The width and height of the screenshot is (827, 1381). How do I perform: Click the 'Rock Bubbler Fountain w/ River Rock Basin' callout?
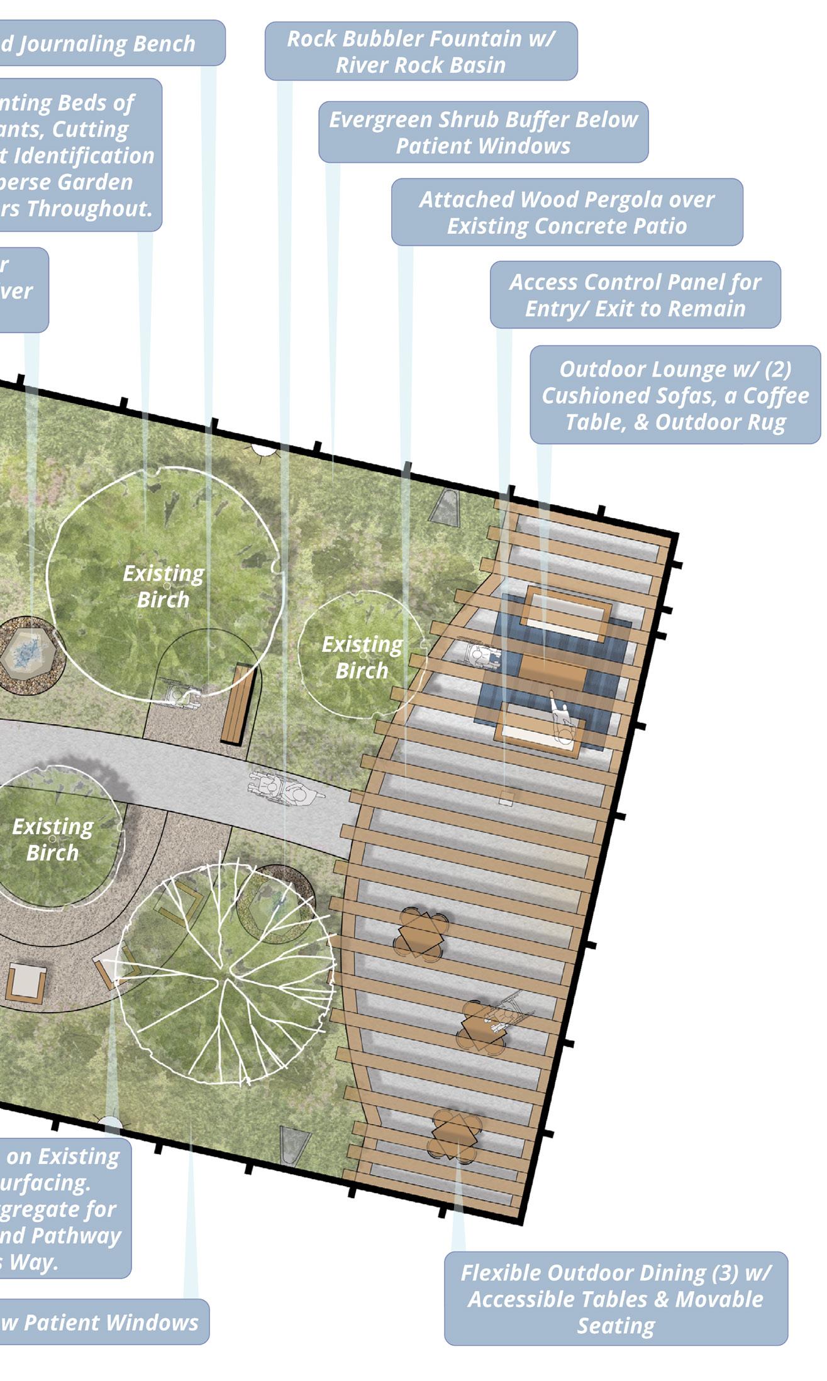point(421,52)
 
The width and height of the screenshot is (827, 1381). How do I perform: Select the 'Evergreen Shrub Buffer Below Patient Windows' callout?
point(483,132)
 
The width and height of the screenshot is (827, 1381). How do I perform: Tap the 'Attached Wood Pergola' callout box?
point(567,212)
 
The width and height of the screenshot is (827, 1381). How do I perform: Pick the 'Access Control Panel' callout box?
point(635,295)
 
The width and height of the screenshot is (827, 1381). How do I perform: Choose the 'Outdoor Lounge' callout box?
point(675,395)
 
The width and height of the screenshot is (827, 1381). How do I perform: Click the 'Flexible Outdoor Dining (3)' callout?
point(616,1299)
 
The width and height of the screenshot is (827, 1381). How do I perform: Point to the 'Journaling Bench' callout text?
point(107,43)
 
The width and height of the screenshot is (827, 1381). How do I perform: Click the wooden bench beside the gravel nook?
point(238,704)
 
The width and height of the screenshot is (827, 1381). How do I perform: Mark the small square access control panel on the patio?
point(506,800)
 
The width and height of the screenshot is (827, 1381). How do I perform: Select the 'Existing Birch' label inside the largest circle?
point(164,586)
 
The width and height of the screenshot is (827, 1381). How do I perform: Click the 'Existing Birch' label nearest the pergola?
point(362,657)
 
